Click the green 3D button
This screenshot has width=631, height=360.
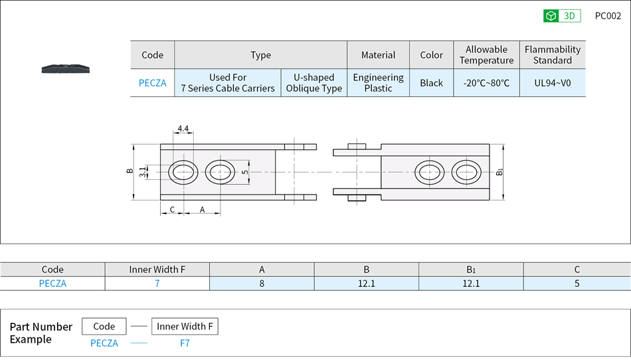(x=561, y=16)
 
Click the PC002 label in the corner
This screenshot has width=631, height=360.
(x=608, y=16)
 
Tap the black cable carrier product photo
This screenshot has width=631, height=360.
(x=66, y=68)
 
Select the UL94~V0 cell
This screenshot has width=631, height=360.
(x=552, y=83)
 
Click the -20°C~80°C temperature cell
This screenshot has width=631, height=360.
(x=486, y=83)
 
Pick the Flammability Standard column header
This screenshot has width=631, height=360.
(x=552, y=54)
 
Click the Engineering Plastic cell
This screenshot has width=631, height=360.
(x=378, y=83)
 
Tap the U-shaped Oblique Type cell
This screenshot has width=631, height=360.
(x=314, y=83)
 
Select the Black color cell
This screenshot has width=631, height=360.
(x=431, y=83)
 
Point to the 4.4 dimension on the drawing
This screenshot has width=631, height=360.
(x=183, y=129)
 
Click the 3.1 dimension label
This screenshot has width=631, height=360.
(x=143, y=173)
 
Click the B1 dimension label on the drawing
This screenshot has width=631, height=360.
(x=499, y=172)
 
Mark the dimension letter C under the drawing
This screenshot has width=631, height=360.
(x=172, y=209)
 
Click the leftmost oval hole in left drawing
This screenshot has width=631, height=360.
(x=182, y=173)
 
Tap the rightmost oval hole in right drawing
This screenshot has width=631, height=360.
(x=466, y=172)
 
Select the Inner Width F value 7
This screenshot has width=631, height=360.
(x=157, y=284)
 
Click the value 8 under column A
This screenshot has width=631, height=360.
(x=262, y=284)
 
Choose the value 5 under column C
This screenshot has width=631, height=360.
(x=577, y=284)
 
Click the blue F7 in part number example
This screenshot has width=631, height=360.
(x=185, y=343)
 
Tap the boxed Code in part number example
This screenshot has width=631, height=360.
(x=104, y=326)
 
